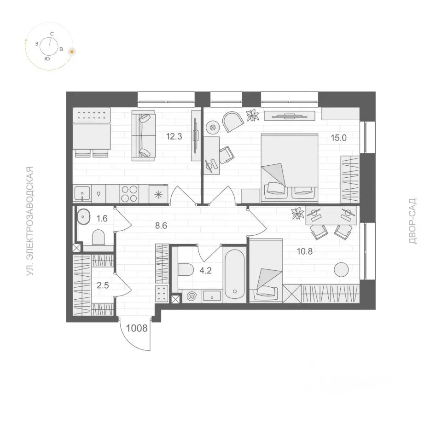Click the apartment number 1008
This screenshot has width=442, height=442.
pyautogui.click(x=137, y=328)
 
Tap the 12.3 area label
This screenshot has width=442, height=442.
pyautogui.click(x=174, y=137)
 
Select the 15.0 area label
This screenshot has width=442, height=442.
pyautogui.click(x=338, y=138)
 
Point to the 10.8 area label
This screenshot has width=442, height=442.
pyautogui.click(x=304, y=251)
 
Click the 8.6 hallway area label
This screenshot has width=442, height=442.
pyautogui.click(x=161, y=226)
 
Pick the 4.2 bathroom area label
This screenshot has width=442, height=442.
pyautogui.click(x=205, y=271)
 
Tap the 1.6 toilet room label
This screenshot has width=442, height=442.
pyautogui.click(x=102, y=218)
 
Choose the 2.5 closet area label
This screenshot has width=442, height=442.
pyautogui.click(x=103, y=285)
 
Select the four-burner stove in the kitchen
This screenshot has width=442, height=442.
pyautogui.click(x=129, y=194)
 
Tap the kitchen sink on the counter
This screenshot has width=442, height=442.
pyautogui.click(x=82, y=193)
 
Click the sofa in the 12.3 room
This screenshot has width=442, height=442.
pyautogui.click(x=144, y=135)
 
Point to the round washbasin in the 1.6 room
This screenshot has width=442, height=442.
pyautogui.click(x=83, y=217)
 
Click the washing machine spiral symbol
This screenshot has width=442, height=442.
pyautogui.click(x=192, y=296)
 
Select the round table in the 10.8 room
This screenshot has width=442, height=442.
pyautogui.click(x=341, y=269)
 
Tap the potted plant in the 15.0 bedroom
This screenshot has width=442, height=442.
pyautogui.click(x=252, y=116)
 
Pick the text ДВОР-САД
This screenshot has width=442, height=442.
pyautogui.click(x=413, y=221)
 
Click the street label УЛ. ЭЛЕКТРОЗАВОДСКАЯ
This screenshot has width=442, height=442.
pyautogui.click(x=30, y=221)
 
